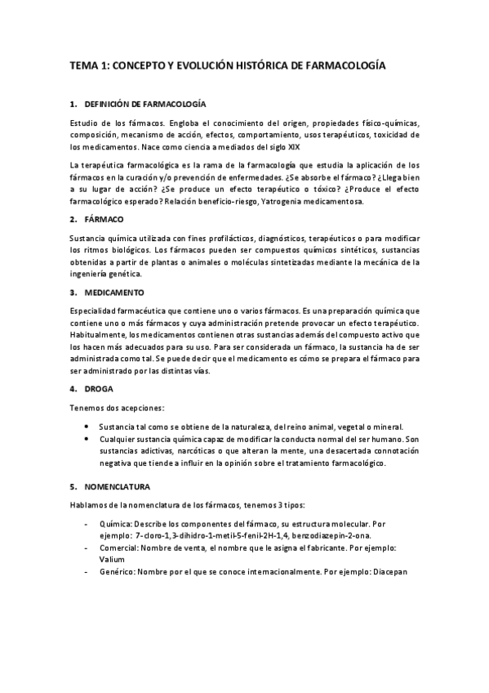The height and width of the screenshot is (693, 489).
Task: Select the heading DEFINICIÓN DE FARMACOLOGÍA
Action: [x=145, y=105]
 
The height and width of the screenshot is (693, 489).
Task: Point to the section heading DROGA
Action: [x=99, y=388]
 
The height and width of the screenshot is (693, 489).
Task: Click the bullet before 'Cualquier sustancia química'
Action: [x=87, y=439]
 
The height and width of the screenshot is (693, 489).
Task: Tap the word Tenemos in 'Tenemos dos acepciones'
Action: [x=87, y=407]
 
